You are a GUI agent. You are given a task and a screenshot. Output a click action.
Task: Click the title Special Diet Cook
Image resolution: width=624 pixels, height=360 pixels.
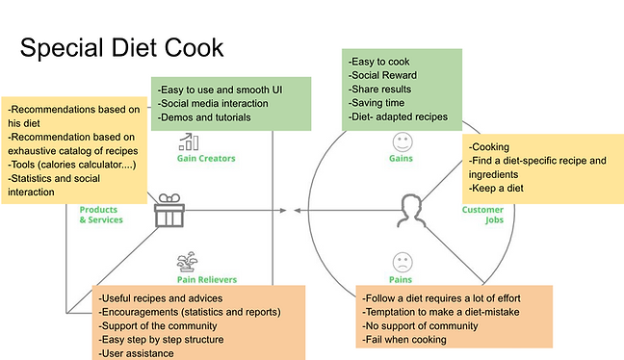click(121, 48)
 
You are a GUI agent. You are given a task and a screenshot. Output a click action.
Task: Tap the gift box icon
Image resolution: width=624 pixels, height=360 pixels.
click(169, 211)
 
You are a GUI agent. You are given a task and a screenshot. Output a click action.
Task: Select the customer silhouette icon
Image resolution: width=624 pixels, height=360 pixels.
click(411, 211)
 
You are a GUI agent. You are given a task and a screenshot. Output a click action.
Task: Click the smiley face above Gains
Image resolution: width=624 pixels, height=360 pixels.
click(403, 142)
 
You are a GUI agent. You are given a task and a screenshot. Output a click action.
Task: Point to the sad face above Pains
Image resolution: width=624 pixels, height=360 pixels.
click(403, 262)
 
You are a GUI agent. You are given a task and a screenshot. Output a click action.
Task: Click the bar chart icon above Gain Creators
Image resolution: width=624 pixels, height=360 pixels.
click(189, 141)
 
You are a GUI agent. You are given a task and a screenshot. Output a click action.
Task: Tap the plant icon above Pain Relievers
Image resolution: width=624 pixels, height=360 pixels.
click(187, 262)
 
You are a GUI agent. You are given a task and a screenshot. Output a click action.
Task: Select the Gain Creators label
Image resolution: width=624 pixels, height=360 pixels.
click(206, 158)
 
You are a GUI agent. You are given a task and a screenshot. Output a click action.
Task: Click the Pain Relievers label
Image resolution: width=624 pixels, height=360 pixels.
click(207, 280)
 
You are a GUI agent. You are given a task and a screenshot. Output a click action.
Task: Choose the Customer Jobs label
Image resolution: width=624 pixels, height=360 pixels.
click(482, 215)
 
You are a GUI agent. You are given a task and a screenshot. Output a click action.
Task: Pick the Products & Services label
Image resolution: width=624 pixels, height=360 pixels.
click(101, 215)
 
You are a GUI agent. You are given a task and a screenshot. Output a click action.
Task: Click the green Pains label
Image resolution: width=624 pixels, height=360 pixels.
click(401, 280)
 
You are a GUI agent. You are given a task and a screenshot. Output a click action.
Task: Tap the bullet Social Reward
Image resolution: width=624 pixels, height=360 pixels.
click(382, 75)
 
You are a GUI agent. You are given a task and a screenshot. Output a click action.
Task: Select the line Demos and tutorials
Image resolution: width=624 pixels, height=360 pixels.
click(204, 117)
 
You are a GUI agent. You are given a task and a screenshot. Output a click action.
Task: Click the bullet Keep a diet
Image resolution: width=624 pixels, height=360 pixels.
click(496, 188)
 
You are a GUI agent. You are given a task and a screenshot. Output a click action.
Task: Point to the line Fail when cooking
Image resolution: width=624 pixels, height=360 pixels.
click(403, 340)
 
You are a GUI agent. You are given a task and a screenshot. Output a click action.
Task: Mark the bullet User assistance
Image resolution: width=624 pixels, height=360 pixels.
click(136, 353)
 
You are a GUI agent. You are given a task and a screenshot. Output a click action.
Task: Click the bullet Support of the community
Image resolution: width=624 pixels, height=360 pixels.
click(158, 325)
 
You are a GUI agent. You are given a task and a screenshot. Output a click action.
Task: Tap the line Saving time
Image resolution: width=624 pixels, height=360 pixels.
click(377, 103)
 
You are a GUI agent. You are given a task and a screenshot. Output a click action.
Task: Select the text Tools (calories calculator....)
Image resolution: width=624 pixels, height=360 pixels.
click(72, 165)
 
